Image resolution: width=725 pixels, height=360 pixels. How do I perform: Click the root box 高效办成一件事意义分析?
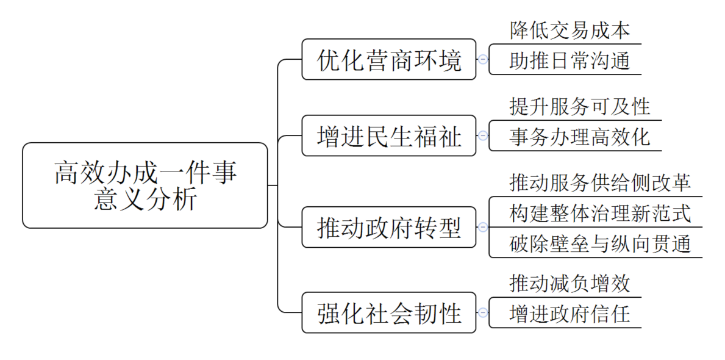(145, 185)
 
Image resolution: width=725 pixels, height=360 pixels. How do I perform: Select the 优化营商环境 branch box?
(388, 59)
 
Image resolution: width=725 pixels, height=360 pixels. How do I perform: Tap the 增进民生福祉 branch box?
(388, 135)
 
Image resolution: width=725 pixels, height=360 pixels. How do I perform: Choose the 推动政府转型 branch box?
(388, 227)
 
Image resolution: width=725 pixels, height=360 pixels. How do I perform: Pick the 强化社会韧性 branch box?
(388, 313)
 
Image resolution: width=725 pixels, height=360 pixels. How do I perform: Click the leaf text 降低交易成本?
(570, 31)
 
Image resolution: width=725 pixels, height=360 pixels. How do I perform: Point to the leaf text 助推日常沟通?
(570, 60)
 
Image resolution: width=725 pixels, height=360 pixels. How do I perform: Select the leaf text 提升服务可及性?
(580, 106)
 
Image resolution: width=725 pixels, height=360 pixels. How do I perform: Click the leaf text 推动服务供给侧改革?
(600, 182)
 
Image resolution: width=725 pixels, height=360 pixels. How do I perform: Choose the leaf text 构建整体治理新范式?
(600, 213)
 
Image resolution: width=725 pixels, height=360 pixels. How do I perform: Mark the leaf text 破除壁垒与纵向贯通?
(600, 243)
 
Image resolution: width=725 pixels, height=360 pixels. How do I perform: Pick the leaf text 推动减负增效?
(570, 283)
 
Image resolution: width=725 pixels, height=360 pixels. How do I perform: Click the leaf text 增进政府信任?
(570, 314)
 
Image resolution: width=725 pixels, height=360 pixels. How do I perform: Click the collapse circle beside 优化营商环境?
(483, 59)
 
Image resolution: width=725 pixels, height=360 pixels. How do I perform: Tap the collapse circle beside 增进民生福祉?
(483, 135)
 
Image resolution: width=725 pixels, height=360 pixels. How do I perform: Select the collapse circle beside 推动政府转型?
(483, 227)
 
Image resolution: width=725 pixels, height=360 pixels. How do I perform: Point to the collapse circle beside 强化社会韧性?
(483, 313)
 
